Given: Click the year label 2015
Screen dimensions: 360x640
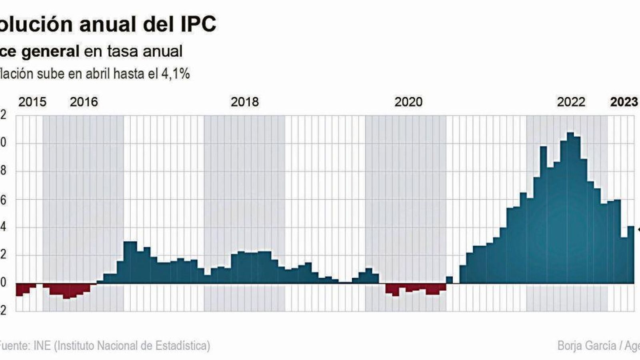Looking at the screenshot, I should [32, 102].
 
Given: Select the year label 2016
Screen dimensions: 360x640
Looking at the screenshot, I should [84, 102].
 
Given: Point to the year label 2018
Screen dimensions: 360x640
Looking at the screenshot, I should [245, 102].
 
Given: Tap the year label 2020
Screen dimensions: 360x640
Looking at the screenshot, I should [408, 102].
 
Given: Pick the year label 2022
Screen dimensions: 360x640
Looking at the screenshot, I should [571, 102].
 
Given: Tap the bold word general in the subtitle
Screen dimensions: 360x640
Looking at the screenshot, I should [50, 51].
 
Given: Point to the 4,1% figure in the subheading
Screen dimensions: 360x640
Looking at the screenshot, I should [175, 74].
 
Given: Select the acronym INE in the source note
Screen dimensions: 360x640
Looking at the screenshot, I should [42, 346].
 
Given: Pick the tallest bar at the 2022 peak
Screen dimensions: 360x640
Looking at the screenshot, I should [570, 208].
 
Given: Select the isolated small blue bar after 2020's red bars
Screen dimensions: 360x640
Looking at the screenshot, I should [449, 280].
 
